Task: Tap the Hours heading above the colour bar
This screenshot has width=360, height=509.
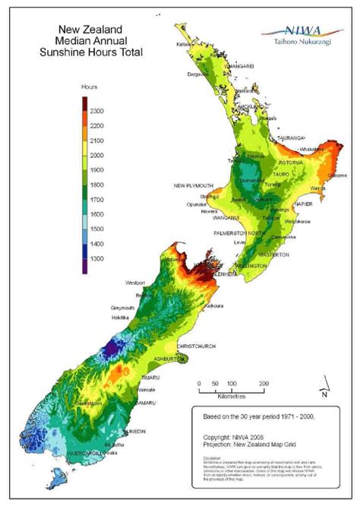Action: [90, 88]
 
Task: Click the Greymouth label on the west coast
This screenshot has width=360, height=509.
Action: [122, 308]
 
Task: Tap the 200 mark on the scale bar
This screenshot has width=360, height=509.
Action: [262, 384]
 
